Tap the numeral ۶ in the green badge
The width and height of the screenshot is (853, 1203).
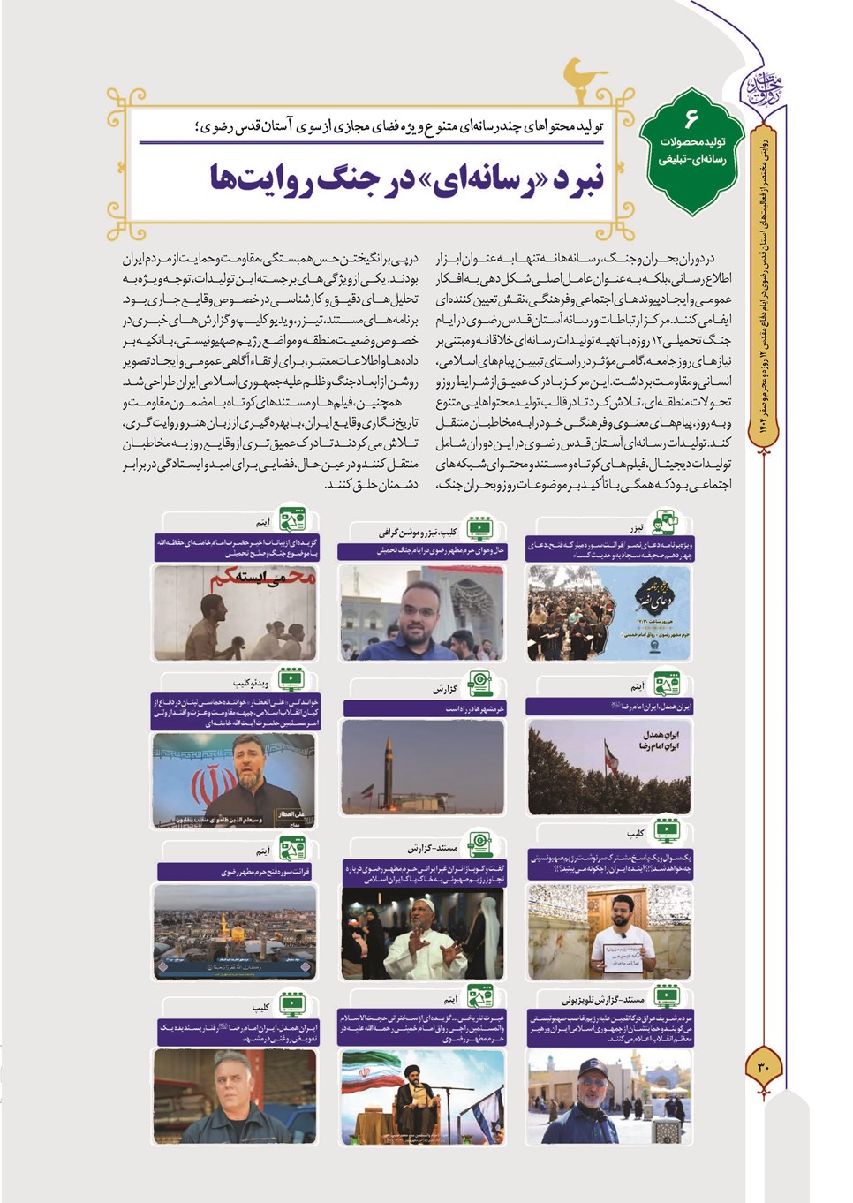pos(691,118)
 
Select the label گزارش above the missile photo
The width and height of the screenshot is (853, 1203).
pos(445,688)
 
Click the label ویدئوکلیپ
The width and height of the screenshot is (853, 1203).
pos(251,683)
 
